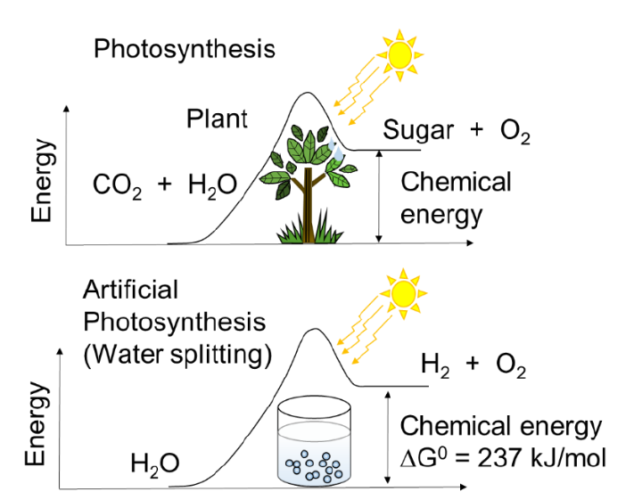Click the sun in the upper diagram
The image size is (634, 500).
coord(399,53)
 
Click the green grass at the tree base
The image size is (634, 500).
coord(304,234)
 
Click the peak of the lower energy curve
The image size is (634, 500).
coord(314,330)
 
